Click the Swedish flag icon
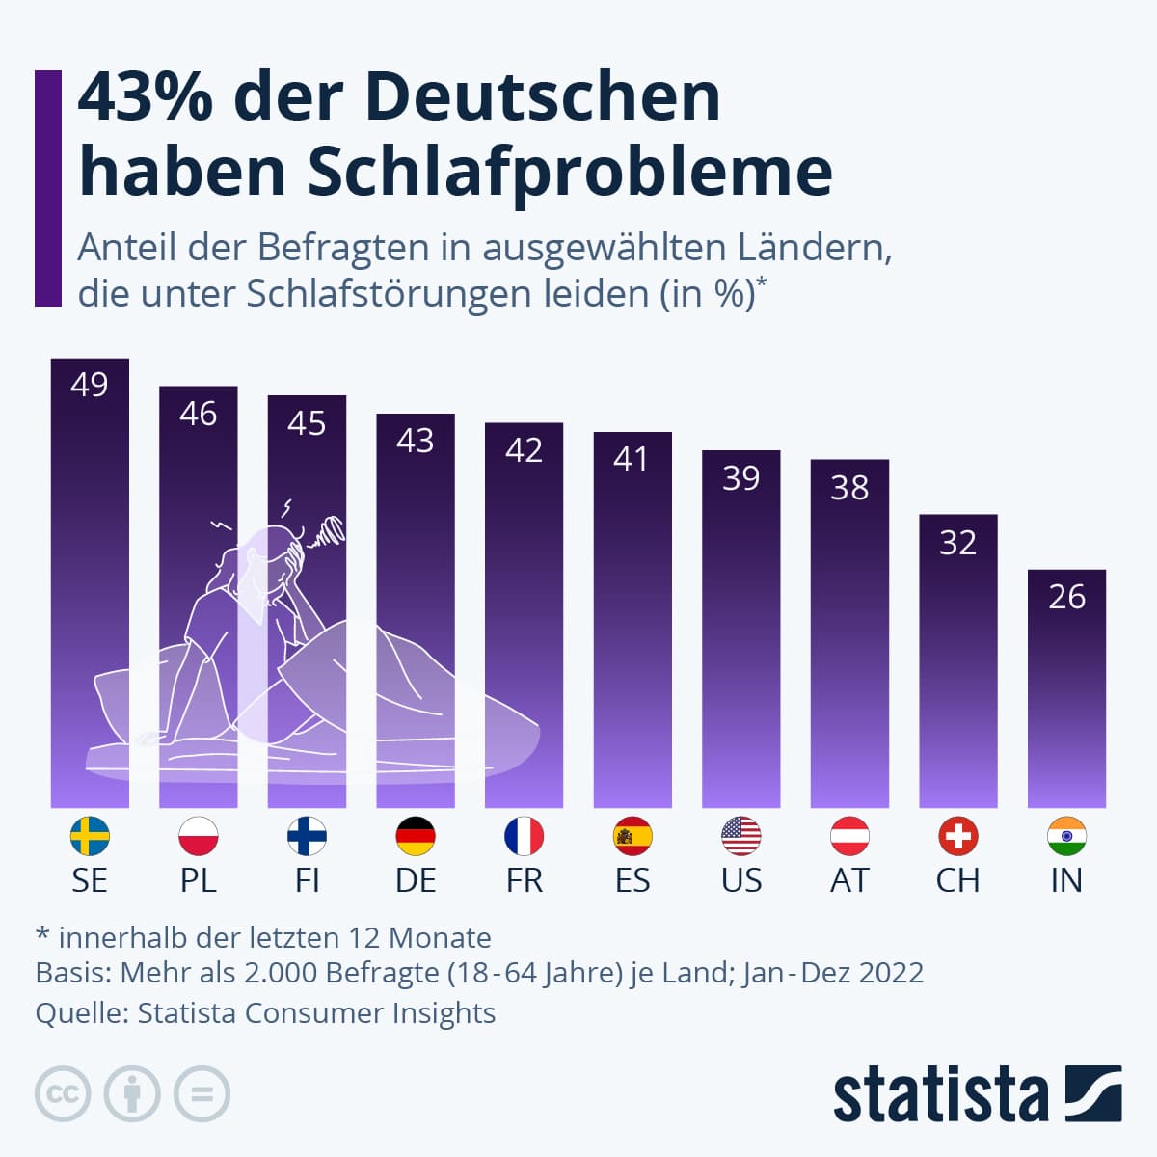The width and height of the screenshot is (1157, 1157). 90,836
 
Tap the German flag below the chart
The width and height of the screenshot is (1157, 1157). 416,836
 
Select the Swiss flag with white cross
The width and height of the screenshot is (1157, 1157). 957,836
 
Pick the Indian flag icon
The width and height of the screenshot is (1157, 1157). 1066,836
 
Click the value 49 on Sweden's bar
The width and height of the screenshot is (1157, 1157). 90,385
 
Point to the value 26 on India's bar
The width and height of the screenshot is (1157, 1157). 1066,597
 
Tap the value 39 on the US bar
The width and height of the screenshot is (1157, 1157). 740,478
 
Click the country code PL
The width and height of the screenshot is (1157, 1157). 199,880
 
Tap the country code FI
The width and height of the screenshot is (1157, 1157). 307,880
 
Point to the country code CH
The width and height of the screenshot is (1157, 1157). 957,880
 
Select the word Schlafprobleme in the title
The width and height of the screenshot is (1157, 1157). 570,172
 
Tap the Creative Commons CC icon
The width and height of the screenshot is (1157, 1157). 63,1094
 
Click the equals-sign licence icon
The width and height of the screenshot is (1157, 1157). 202,1094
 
